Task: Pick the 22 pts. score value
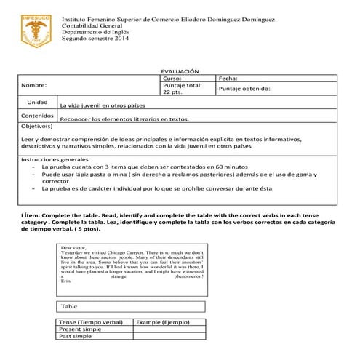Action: pos(172,93)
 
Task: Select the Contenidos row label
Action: pos(37,115)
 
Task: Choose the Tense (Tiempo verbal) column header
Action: pos(91,321)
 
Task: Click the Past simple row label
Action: pos(76,337)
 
